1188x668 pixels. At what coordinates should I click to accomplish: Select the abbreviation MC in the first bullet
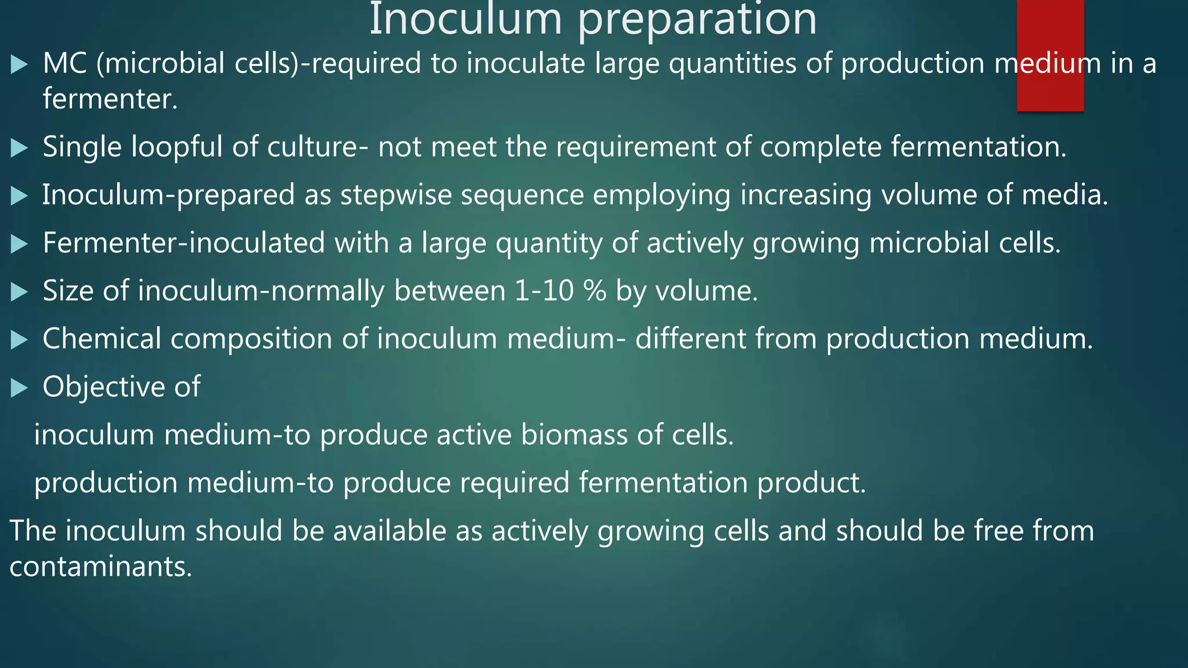tap(64, 63)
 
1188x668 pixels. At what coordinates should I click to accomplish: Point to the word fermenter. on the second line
tap(110, 99)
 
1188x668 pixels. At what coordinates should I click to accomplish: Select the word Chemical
tap(102, 339)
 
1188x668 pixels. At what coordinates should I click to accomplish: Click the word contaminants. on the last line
tap(100, 567)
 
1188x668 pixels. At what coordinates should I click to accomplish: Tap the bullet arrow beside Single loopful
tap(19, 148)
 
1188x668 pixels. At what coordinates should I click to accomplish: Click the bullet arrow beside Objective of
tap(19, 388)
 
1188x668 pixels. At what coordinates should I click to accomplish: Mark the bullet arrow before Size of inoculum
tap(19, 292)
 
